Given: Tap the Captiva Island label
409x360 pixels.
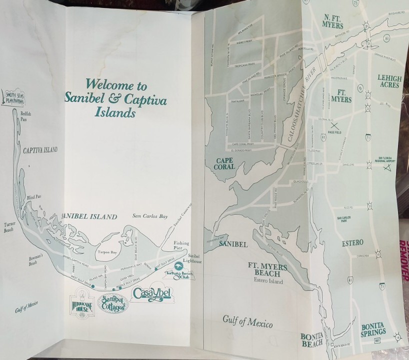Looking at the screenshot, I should point(40,150).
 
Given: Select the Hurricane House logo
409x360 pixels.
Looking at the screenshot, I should point(80,304).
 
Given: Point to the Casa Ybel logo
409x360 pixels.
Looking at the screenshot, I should point(151,294).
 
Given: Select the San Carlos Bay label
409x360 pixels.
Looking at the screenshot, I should point(148,216).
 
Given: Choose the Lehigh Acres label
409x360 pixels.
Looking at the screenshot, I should point(390,82).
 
